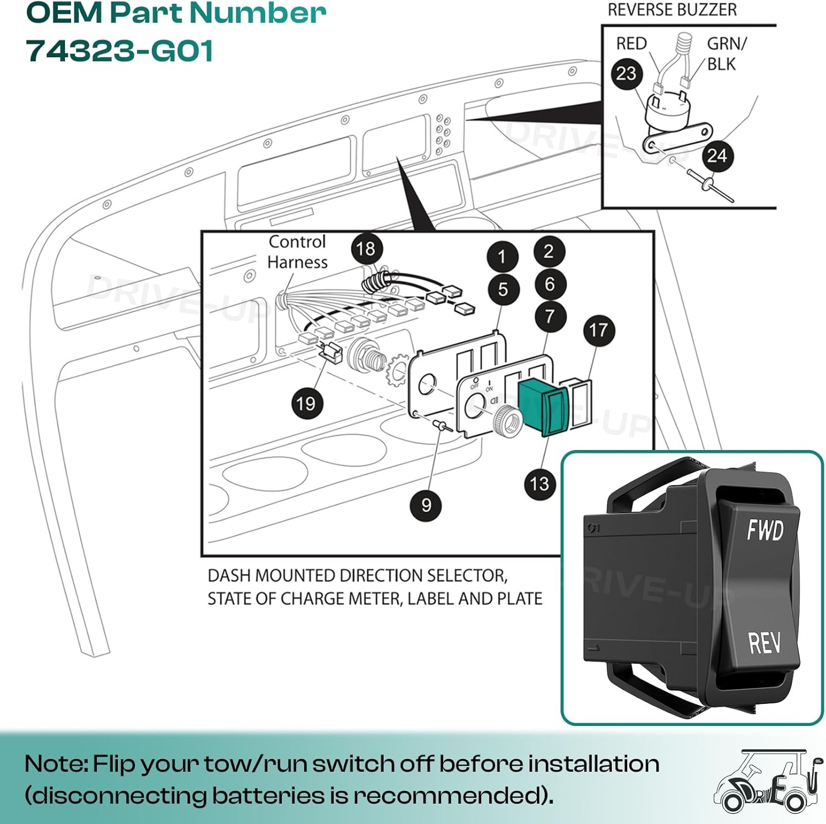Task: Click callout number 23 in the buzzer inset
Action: click(x=626, y=73)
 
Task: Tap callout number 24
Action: click(x=717, y=155)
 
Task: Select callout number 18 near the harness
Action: click(x=366, y=248)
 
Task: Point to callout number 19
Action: click(x=306, y=403)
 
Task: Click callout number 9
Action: click(x=426, y=505)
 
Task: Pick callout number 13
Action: click(x=540, y=484)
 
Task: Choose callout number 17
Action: click(x=599, y=330)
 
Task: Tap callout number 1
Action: click(x=502, y=257)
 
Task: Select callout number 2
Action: click(x=549, y=251)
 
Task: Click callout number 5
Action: click(x=503, y=289)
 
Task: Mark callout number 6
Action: click(x=550, y=284)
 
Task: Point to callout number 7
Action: click(x=550, y=316)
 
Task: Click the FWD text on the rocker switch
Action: click(x=765, y=530)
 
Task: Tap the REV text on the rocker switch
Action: click(x=764, y=642)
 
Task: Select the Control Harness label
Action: click(x=297, y=252)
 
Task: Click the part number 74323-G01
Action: click(x=119, y=51)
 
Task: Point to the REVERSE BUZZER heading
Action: click(x=672, y=9)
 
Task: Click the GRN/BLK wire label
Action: click(x=726, y=53)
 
